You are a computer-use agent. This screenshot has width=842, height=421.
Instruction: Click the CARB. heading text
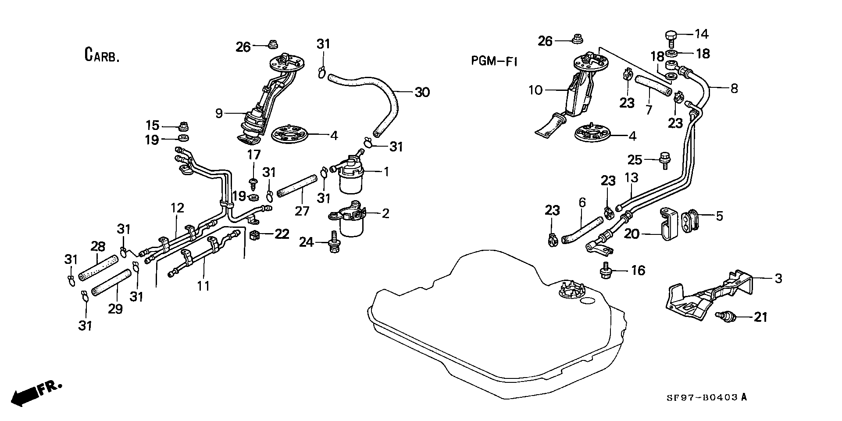[x=101, y=55]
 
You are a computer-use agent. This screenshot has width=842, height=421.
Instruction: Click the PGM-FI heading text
[x=494, y=61]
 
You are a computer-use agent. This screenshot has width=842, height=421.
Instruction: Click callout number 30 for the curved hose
[x=422, y=92]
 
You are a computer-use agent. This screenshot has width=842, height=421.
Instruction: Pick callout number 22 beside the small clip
[x=282, y=234]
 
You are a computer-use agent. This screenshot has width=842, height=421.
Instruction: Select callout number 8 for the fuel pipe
[x=734, y=88]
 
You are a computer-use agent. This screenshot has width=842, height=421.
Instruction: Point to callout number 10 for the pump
[x=535, y=90]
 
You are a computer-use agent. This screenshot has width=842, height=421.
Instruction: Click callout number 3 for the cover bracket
[x=778, y=278]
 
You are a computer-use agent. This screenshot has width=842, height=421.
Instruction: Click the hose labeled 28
[x=99, y=268]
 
